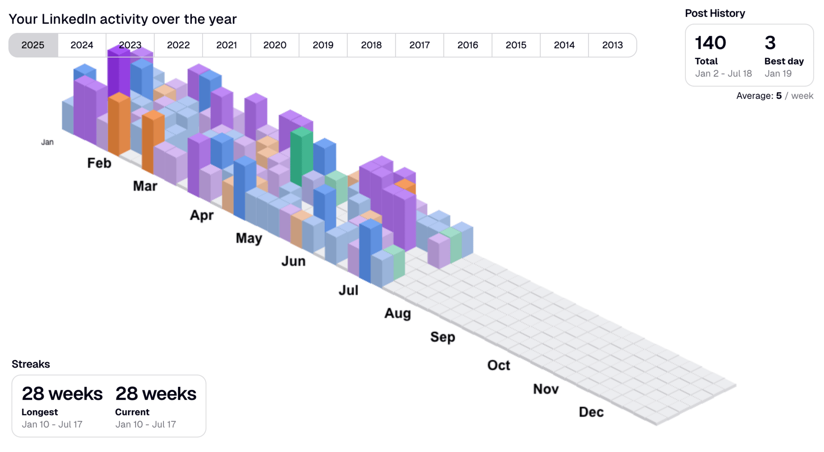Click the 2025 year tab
point(33,45)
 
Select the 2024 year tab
point(82,45)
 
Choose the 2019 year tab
point(323,45)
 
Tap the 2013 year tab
point(612,45)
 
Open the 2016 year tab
point(467,45)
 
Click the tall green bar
point(301,157)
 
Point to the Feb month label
point(99,163)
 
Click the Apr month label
point(202,215)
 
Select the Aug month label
point(397,313)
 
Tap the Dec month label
point(591,412)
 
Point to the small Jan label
point(47,142)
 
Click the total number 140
point(710,43)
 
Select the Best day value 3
point(770,43)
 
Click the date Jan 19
point(778,73)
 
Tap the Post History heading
point(715,13)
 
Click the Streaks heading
point(31,364)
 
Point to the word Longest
point(39,412)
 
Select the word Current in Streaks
point(132,412)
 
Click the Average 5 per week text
point(774,96)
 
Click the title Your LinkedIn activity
point(122,19)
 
